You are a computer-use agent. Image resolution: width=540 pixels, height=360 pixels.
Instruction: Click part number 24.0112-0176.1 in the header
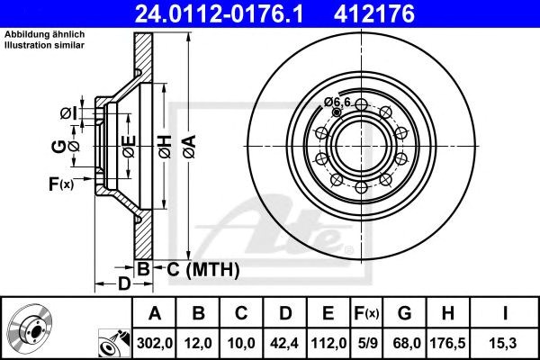click(219, 13)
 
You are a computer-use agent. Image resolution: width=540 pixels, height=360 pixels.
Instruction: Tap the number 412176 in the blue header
click(374, 13)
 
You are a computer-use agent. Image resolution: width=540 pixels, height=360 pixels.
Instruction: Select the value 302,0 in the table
click(155, 343)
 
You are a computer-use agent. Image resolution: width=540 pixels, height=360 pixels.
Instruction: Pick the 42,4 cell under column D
click(284, 343)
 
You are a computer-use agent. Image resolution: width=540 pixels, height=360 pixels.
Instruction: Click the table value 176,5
click(447, 343)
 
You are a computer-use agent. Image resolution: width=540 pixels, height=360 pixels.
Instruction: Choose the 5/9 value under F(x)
click(368, 343)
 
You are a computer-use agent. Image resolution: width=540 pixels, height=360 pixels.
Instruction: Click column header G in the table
click(404, 313)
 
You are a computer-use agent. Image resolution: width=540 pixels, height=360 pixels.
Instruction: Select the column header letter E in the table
click(328, 313)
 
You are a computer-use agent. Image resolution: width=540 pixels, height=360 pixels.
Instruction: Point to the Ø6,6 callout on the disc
click(337, 102)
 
